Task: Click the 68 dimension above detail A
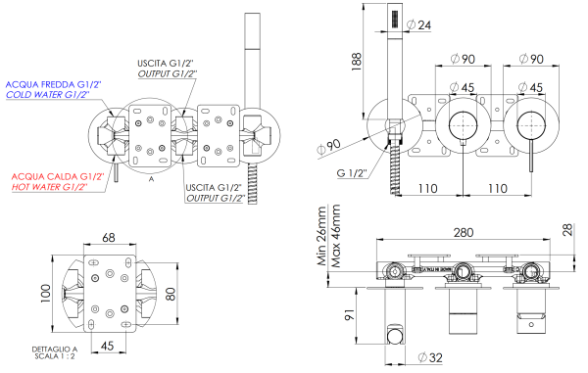coord(108,237)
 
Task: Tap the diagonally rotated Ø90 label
coord(329,148)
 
